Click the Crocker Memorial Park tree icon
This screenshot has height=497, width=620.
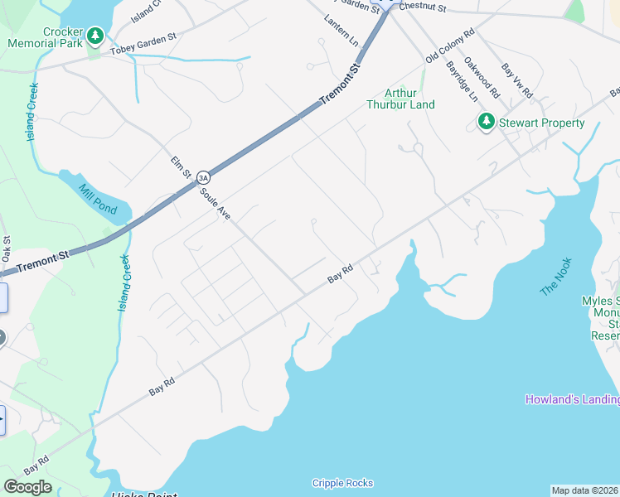point(96,36)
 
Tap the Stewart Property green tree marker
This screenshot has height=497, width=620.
point(486,123)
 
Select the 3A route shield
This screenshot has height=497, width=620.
point(203,177)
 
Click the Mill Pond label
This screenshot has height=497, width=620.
point(97,200)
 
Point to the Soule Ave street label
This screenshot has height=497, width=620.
point(214,202)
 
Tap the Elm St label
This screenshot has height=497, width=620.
point(181,168)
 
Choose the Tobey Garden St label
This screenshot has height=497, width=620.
point(143,51)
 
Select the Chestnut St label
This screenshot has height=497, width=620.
point(422,7)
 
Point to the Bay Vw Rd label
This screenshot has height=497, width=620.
point(517,80)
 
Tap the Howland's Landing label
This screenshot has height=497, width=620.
point(572,399)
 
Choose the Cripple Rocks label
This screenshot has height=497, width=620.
point(342,483)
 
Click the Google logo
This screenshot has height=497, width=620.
point(27,487)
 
